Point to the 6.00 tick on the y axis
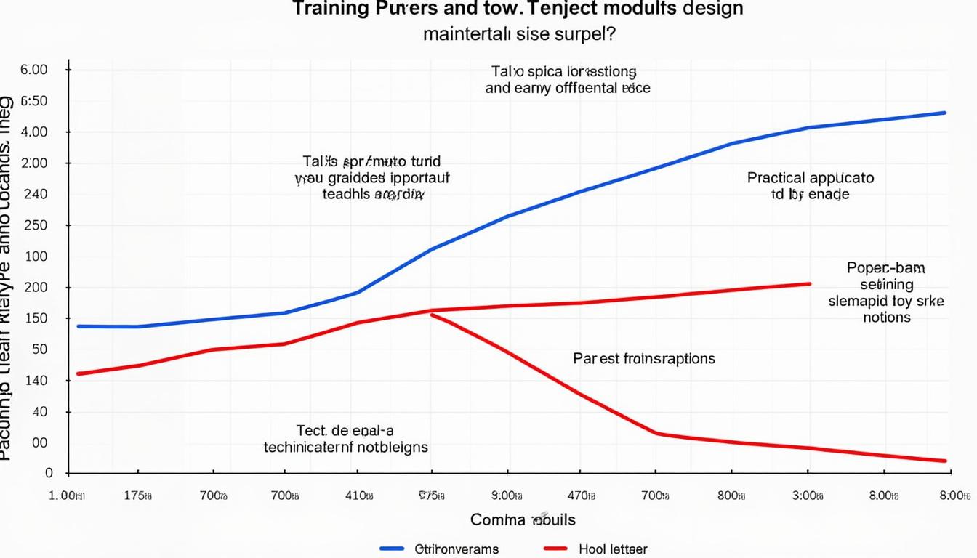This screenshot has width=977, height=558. point(35,70)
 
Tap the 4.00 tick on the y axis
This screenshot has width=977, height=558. point(35,132)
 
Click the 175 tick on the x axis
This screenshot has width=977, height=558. point(137,496)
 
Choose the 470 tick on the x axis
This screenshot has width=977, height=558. point(580,496)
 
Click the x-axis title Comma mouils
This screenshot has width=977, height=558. point(523,519)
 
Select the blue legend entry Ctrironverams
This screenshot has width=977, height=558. point(457,549)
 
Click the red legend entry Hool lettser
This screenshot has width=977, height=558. point(613,549)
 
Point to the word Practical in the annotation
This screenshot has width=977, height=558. point(776,177)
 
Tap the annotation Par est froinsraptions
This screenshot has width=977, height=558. point(643,358)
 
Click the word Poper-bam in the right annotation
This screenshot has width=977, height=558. point(885,267)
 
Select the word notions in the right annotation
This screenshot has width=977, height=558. point(887,318)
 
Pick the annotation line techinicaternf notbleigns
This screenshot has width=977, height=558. point(345,447)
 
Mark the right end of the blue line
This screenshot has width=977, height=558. point(945,113)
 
